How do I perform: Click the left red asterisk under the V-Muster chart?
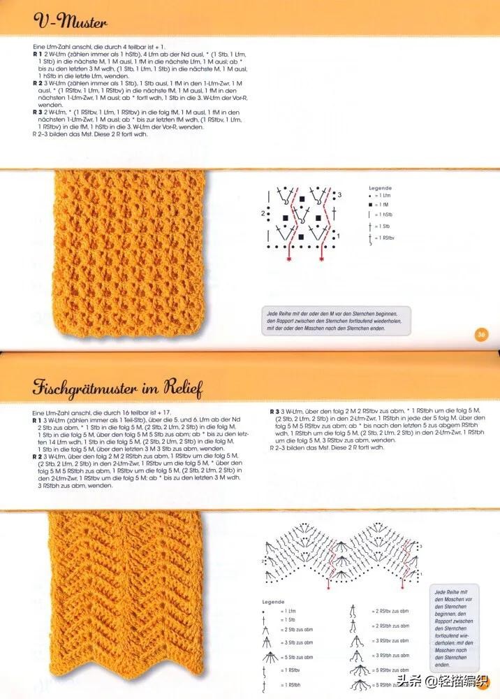click(x=289, y=259)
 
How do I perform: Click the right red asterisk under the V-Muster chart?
click(x=322, y=259)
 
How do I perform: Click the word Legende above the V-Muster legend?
click(x=380, y=188)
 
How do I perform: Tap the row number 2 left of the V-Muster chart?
click(x=263, y=212)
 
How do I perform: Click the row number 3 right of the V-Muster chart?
click(x=339, y=194)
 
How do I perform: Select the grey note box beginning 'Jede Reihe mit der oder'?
click(x=336, y=320)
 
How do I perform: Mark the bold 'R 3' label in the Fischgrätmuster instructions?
click(x=275, y=410)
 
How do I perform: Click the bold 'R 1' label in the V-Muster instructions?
click(x=38, y=53)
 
